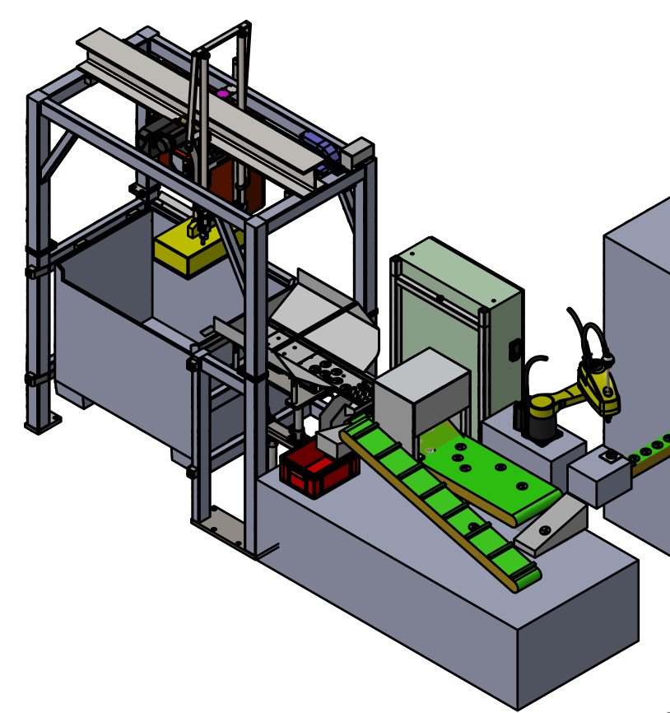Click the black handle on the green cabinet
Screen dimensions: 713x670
[514, 349]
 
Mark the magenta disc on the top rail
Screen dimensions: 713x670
[222, 94]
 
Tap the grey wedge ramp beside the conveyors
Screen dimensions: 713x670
[551, 526]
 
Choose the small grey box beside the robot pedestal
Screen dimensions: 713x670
[599, 477]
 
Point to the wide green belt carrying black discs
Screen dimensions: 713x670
[490, 473]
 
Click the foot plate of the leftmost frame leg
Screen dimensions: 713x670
[43, 423]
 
